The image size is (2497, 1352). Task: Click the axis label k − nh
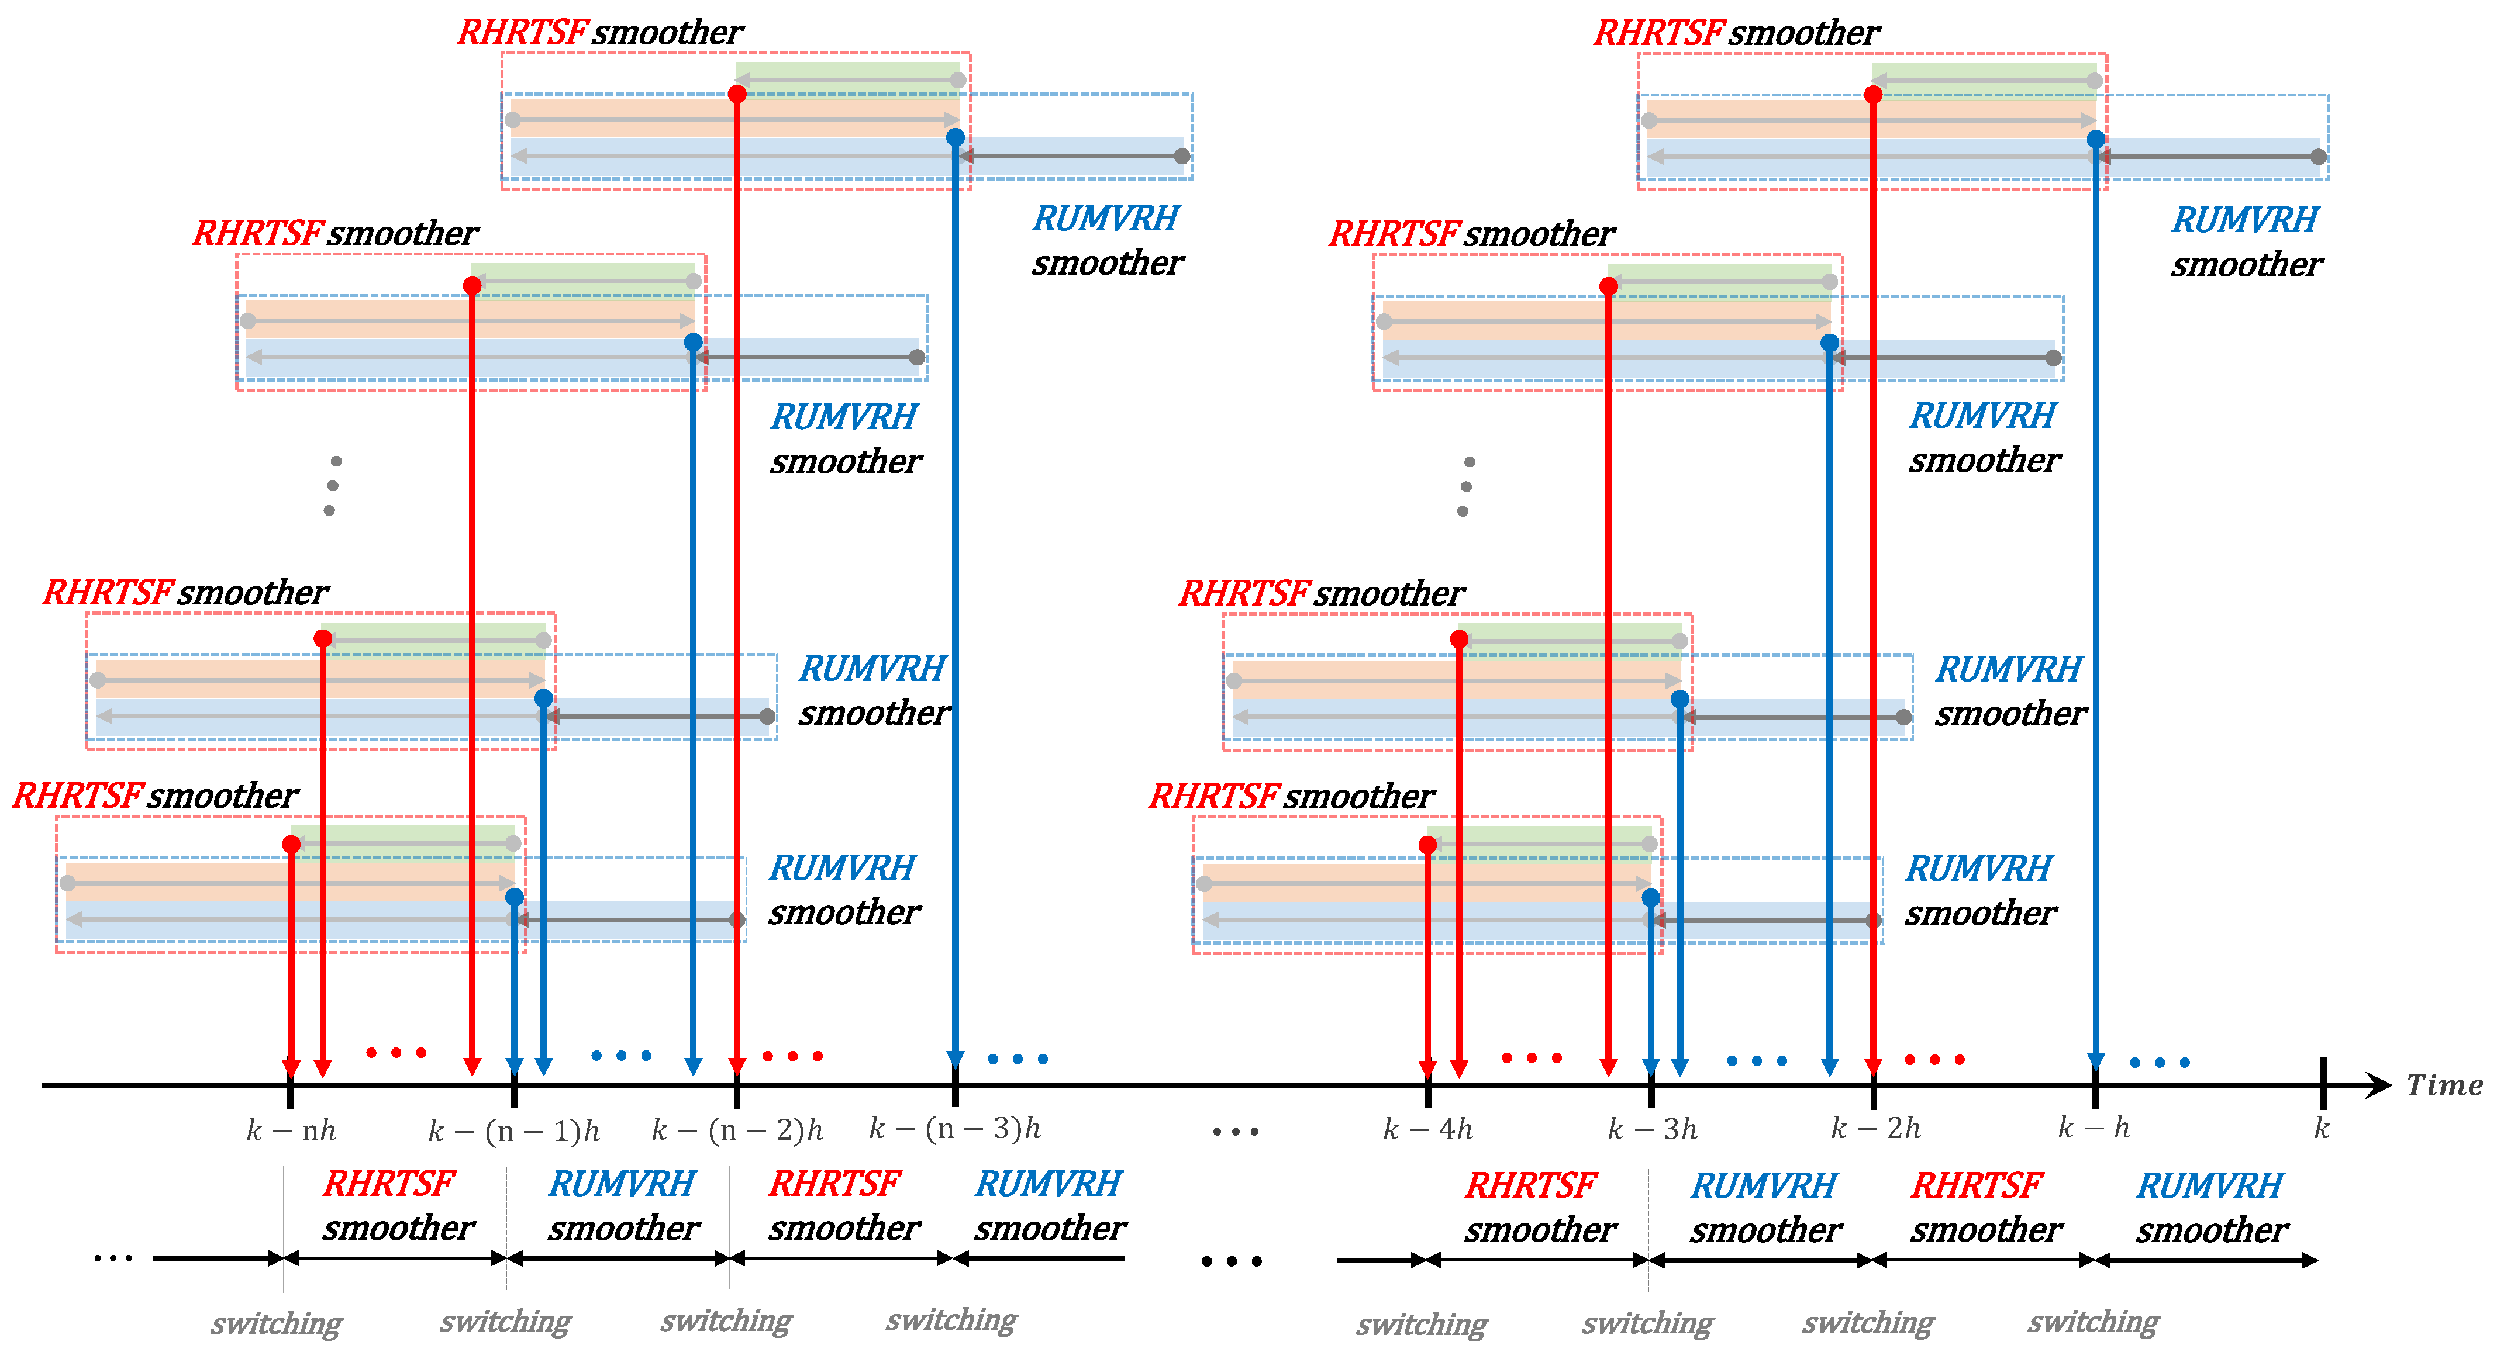(291, 1130)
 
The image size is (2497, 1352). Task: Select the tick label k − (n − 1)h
(514, 1130)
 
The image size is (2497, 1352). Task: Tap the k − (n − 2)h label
(737, 1129)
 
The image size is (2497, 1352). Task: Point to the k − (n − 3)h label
(955, 1128)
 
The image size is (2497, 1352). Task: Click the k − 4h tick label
(1428, 1129)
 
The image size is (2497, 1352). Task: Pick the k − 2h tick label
(1875, 1128)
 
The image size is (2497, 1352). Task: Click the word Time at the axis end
(2444, 1085)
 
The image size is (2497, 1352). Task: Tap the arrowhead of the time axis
(2379, 1085)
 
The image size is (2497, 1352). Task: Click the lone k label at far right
(2322, 1128)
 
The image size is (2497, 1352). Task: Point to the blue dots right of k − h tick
(2160, 1062)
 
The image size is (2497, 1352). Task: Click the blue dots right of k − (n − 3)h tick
(1018, 1059)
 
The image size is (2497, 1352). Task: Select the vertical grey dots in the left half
(333, 486)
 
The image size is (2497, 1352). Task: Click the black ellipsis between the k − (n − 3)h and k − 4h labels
(1235, 1131)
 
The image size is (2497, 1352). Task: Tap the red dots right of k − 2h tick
(1935, 1059)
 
